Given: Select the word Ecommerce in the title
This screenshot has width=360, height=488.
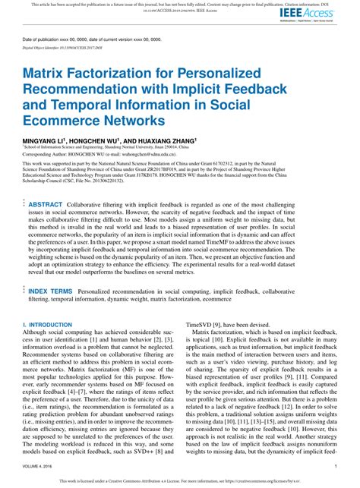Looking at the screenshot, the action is point(63,119).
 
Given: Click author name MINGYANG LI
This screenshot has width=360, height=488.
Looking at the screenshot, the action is point(43,141).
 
